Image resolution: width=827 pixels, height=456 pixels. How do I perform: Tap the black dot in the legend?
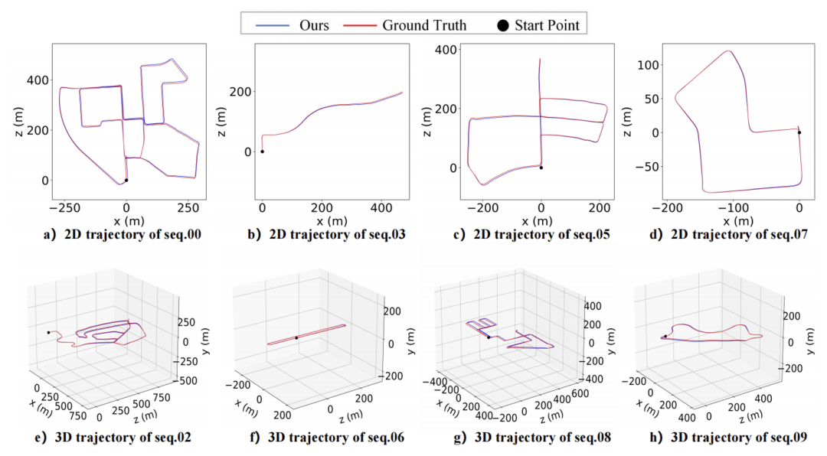click(502, 26)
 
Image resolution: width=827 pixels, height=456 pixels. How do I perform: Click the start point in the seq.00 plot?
click(126, 181)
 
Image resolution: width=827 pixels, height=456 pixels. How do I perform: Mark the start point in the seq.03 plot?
click(262, 151)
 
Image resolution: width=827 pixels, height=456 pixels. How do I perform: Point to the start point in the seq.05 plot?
click(541, 168)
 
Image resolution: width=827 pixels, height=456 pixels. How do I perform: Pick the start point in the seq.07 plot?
click(799, 132)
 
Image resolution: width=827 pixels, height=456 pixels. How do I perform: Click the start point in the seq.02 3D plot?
click(48, 332)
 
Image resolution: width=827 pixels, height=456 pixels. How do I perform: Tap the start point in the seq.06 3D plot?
click(296, 337)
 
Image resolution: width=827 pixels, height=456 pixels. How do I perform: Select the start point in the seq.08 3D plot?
click(489, 337)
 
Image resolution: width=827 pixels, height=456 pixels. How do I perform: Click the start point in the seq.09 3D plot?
click(665, 336)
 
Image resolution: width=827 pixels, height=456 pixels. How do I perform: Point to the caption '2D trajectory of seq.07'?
click(729, 235)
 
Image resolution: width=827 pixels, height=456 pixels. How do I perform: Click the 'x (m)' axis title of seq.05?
click(538, 220)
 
